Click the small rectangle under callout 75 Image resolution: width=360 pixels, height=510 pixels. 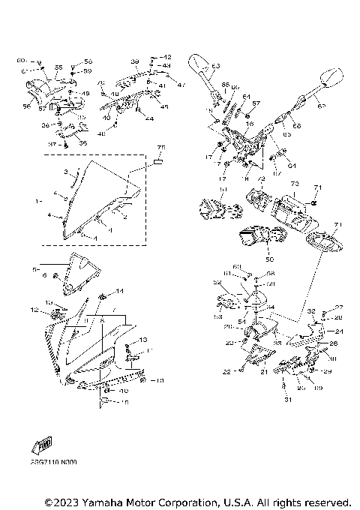click(158, 160)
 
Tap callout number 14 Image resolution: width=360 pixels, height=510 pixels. click(118, 289)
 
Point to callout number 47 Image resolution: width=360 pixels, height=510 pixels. click(181, 84)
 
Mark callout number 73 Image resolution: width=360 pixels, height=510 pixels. click(294, 183)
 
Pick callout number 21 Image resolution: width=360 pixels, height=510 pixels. click(263, 372)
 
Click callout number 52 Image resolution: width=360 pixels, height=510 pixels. click(217, 283)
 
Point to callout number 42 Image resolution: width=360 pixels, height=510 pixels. click(167, 58)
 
